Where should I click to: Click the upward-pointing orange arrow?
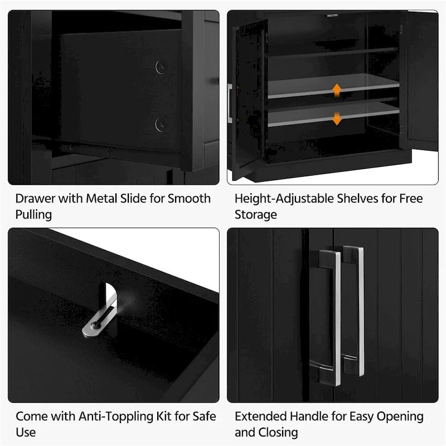pos(337,91)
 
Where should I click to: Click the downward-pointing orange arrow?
pos(337,118)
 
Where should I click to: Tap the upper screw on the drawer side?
pos(161,67)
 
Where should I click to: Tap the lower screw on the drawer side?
pos(161,124)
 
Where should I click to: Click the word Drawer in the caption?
pos(35,198)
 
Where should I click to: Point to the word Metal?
pos(101,198)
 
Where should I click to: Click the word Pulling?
pos(33,215)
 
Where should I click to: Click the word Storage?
pos(256,215)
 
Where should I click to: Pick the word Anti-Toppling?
pos(116,416)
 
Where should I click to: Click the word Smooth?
pos(189,198)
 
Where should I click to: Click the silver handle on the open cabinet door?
pos(230,103)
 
